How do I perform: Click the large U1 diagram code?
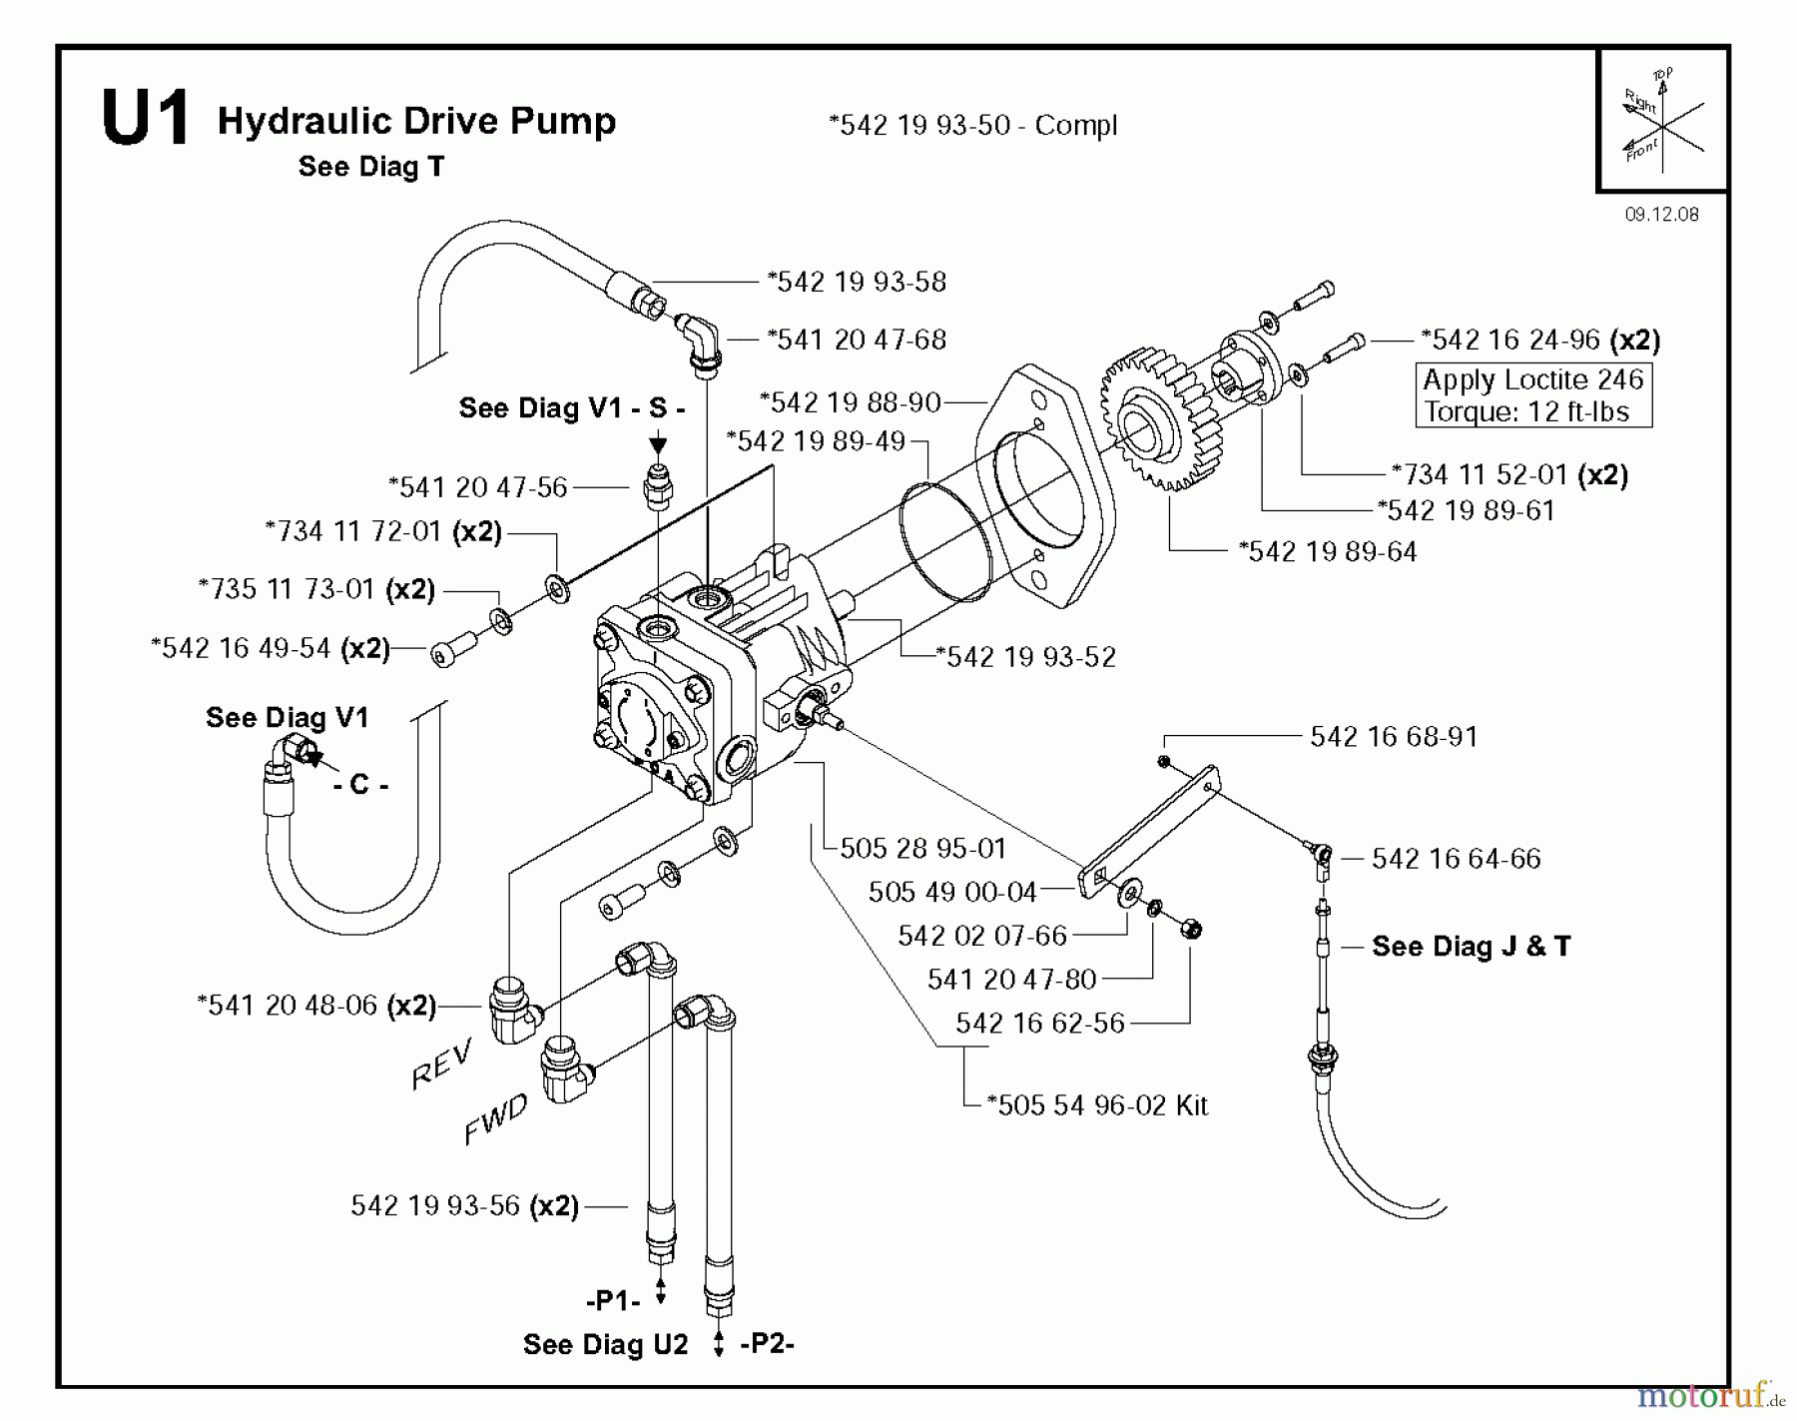tap(145, 119)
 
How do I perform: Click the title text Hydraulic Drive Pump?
tap(416, 121)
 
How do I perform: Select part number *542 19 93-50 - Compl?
tap(972, 126)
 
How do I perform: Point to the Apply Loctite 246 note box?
tap(1533, 395)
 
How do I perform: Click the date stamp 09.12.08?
tap(1661, 214)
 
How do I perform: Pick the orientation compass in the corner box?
tap(1661, 120)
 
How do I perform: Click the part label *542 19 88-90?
tap(850, 402)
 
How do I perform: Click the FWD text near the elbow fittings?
tap(495, 1119)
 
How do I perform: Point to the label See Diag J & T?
tap(1471, 946)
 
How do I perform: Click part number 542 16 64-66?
tap(1456, 859)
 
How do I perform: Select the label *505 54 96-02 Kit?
tap(1096, 1105)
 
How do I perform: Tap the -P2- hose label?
tap(767, 1344)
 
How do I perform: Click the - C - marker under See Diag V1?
tap(360, 785)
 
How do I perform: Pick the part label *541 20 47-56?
tap(477, 487)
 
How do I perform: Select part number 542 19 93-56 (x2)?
tap(464, 1206)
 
